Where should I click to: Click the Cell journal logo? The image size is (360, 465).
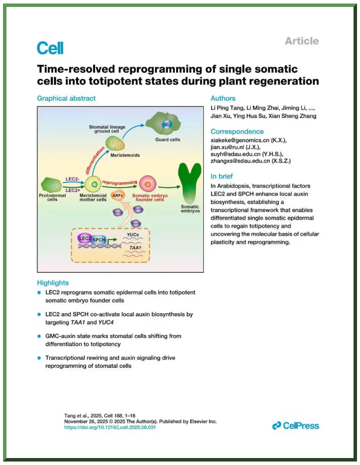pyautogui.click(x=50, y=48)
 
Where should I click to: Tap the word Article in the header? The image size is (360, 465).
pyautogui.click(x=302, y=41)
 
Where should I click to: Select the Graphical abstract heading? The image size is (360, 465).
pyautogui.click(x=66, y=98)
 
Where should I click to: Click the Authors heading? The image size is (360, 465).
pyautogui.click(x=223, y=98)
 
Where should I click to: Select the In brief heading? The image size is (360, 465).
pyautogui.click(x=223, y=176)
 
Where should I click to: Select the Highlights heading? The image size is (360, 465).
pyautogui.click(x=53, y=283)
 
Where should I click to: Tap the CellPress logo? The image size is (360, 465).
pyautogui.click(x=296, y=425)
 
